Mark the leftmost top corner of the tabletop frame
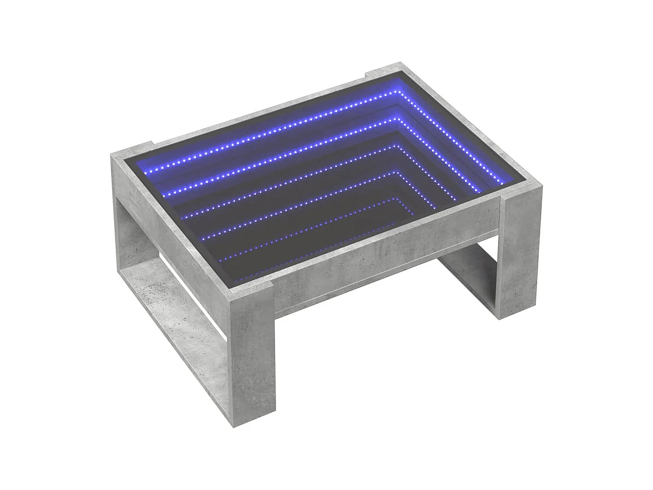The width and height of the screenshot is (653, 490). coord(111,154)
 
